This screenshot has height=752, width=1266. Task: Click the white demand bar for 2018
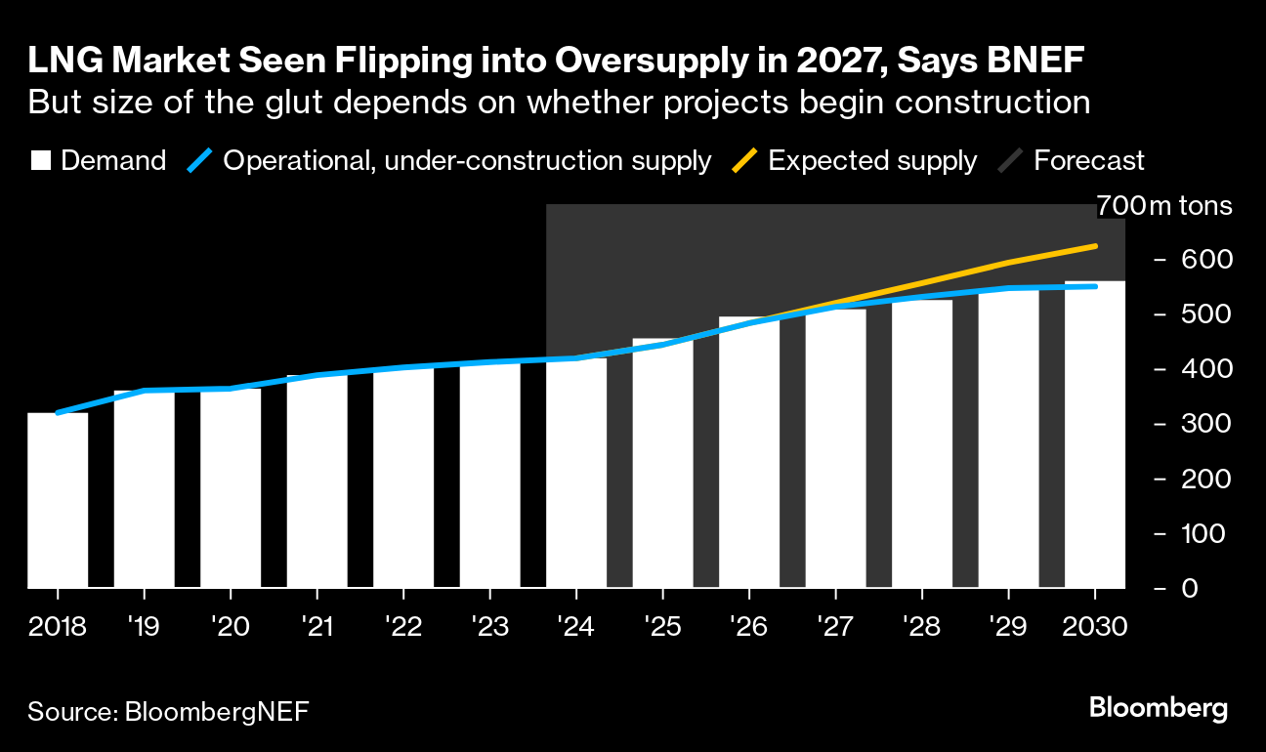58,500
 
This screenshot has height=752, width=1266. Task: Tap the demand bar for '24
576,473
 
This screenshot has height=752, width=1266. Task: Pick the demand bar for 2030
1095,435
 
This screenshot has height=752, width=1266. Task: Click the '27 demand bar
835,448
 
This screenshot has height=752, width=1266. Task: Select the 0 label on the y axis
1191,588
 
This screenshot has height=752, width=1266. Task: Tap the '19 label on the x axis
144,625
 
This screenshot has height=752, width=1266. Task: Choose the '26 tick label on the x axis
748,625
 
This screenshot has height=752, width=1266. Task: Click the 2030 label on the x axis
1094,625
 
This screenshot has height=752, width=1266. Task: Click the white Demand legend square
40,161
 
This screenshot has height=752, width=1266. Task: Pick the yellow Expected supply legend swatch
743,161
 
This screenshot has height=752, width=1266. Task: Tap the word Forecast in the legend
1088,161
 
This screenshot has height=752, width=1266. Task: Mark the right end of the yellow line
1095,246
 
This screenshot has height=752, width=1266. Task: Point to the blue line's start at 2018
59,413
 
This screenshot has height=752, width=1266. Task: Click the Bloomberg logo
1158,709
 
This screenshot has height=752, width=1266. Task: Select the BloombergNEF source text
217,711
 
